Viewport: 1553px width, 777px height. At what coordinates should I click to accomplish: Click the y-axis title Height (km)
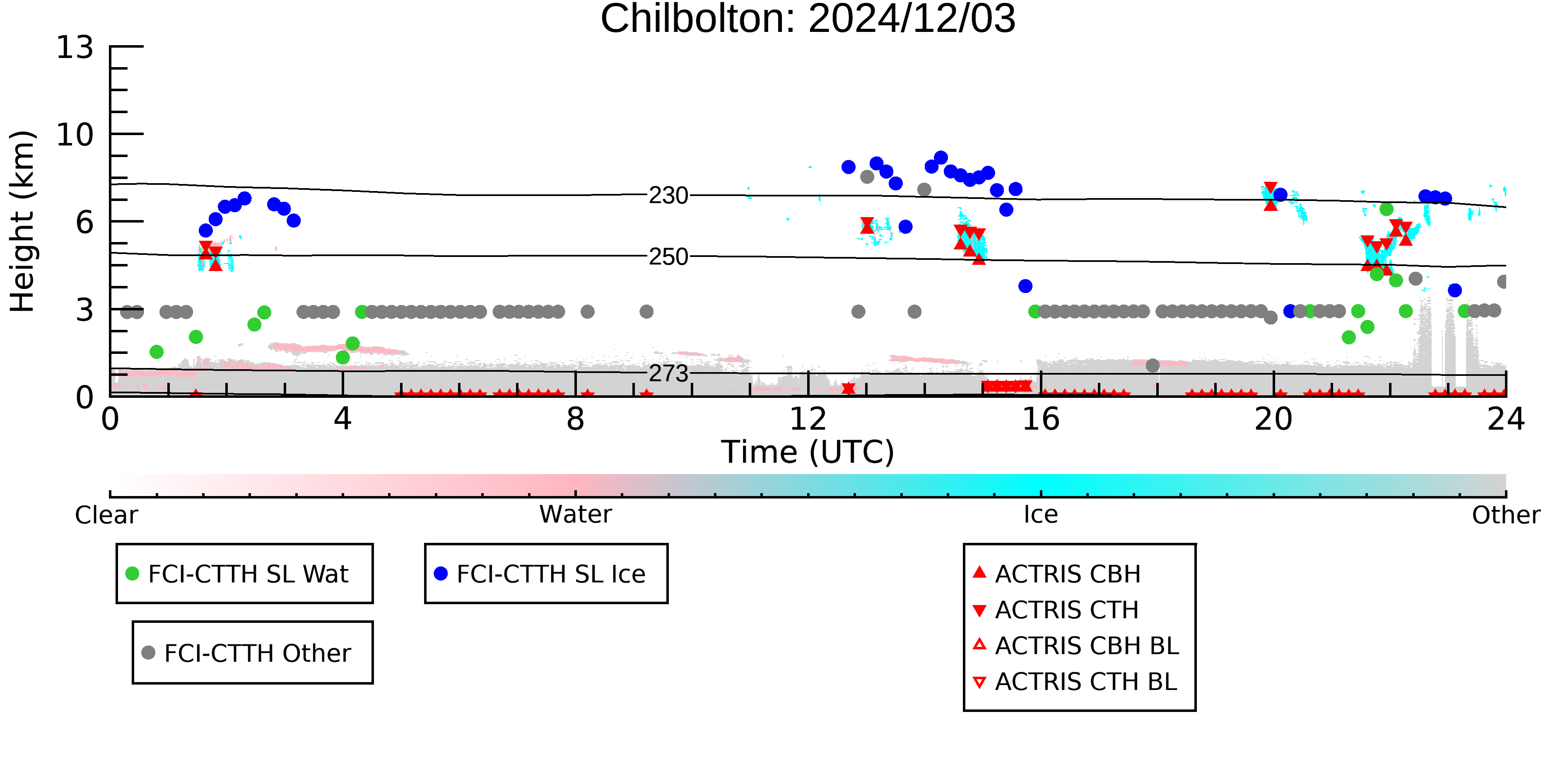point(22,221)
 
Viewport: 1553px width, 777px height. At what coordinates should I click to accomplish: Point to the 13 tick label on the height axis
point(75,47)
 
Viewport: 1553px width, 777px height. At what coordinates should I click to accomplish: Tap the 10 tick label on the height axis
point(75,135)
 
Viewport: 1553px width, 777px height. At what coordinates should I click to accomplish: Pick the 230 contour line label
point(668,196)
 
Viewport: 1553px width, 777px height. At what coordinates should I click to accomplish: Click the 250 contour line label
point(668,257)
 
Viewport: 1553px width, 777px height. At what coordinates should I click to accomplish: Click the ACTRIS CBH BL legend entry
point(1076,646)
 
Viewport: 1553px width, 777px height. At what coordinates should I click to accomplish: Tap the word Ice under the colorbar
point(1041,515)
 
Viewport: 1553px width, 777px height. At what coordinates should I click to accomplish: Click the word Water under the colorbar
point(576,515)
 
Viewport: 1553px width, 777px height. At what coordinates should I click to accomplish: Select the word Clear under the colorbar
point(106,515)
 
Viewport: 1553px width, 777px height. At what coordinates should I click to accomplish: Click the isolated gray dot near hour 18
point(1153,366)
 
